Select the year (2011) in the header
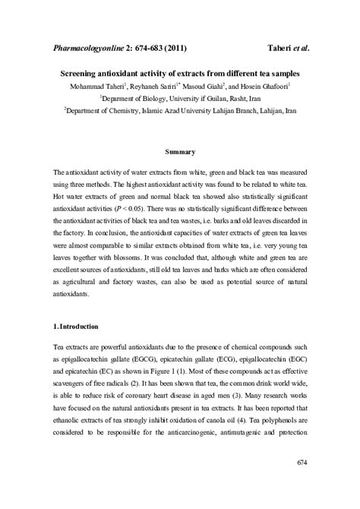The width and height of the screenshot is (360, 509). [x=189, y=49]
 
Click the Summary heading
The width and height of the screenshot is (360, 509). [x=180, y=152]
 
